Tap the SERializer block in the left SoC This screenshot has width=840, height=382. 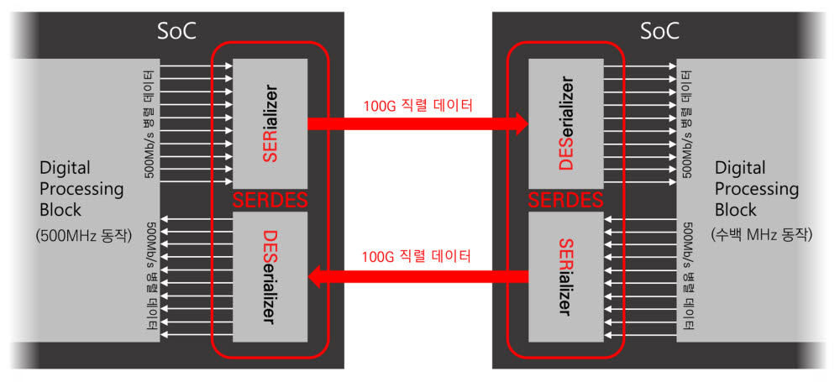click(x=270, y=123)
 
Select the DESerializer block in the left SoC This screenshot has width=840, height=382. click(x=270, y=276)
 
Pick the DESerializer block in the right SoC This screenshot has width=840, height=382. click(x=567, y=123)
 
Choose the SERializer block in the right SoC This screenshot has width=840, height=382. click(x=567, y=276)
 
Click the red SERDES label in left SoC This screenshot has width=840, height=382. click(x=270, y=201)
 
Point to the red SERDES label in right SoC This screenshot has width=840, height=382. click(x=567, y=201)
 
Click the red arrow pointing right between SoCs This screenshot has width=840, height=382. click(x=417, y=124)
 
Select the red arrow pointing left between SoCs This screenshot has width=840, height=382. click(x=417, y=274)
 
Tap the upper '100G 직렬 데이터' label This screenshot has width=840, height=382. click(x=417, y=106)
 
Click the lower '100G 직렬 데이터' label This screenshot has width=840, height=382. click(x=417, y=255)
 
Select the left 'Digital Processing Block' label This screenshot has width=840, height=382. click(x=81, y=190)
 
